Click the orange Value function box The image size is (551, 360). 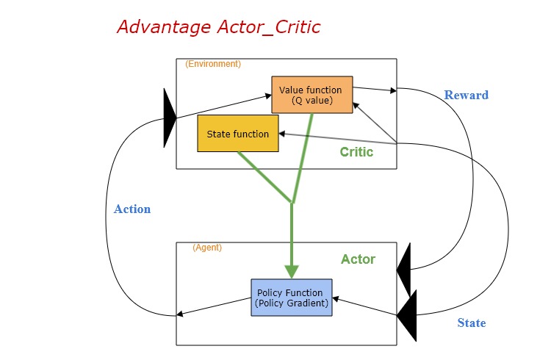click(312, 95)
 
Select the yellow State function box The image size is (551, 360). click(238, 133)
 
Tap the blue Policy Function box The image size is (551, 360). click(292, 298)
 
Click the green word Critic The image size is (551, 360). click(356, 152)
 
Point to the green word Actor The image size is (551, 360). click(358, 259)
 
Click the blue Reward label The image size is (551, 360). click(467, 95)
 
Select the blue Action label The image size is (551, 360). click(132, 209)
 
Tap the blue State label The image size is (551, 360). click(472, 323)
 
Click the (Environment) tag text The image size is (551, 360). click(213, 64)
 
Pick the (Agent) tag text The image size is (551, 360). click(207, 248)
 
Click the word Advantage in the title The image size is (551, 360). click(164, 27)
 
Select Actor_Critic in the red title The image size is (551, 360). click(269, 27)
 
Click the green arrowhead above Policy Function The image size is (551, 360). click(292, 272)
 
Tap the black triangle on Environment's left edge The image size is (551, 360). click(170, 118)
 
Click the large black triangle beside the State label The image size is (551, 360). click(408, 315)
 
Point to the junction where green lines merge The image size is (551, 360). click(292, 202)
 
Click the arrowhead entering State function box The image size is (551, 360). click(282, 134)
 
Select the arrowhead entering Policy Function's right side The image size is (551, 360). click(336, 299)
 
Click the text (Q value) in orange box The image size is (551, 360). click(312, 101)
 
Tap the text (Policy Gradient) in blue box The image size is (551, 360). click(292, 303)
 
